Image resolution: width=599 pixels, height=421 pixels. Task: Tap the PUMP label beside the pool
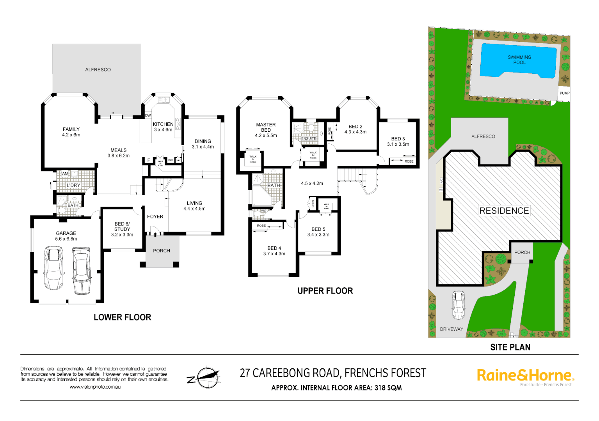(564, 93)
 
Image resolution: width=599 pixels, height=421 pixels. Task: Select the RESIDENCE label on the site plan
(504, 211)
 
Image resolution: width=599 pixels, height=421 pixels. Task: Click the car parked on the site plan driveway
(458, 305)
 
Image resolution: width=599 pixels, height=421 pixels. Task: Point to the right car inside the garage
(82, 270)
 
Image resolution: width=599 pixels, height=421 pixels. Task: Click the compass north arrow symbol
(205, 378)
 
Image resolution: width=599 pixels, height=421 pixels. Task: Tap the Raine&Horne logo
(525, 376)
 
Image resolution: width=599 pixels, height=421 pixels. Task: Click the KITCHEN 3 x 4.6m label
(163, 127)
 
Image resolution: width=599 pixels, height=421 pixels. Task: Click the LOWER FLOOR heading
(122, 317)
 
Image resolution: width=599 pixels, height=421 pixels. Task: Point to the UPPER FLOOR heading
(325, 291)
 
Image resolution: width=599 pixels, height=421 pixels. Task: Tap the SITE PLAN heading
(510, 347)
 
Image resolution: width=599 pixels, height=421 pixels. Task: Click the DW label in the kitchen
(148, 115)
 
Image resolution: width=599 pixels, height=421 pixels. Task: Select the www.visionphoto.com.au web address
(95, 387)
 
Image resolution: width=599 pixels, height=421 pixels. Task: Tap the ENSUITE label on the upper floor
(309, 138)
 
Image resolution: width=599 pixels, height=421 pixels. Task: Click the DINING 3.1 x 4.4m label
(203, 144)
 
